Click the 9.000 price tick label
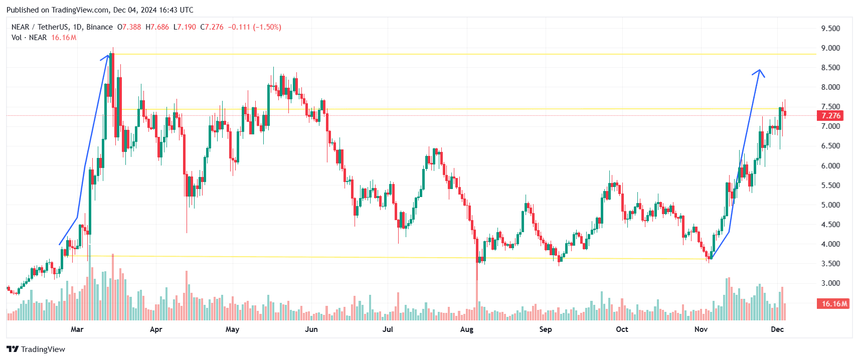point(830,48)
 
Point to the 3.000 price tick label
point(830,283)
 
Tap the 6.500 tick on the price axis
point(830,146)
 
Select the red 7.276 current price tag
point(830,116)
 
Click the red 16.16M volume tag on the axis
point(833,304)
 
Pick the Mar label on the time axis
point(77,329)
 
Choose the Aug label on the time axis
point(467,329)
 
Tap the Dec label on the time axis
point(777,329)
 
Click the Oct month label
point(622,329)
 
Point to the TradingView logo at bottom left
point(36,349)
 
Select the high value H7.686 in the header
point(157,27)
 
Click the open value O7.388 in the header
point(129,27)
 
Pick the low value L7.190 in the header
point(185,27)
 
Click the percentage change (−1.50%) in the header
point(267,27)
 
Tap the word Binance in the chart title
point(99,27)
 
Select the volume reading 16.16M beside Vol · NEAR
point(64,38)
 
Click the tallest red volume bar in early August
point(477,296)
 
